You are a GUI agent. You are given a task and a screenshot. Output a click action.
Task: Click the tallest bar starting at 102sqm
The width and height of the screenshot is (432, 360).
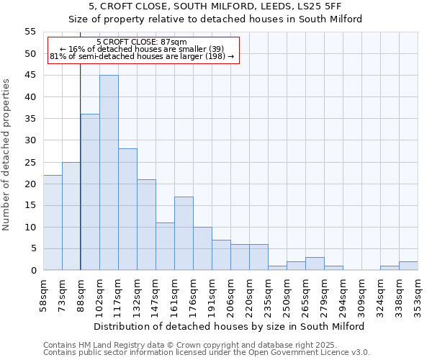(x=109, y=173)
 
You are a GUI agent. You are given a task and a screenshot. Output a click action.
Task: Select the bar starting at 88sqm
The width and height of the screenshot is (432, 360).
(x=90, y=192)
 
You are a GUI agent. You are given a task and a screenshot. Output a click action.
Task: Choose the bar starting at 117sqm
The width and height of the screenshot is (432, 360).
(x=127, y=210)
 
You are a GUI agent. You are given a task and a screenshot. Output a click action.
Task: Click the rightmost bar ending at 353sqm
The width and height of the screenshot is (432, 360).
(x=408, y=266)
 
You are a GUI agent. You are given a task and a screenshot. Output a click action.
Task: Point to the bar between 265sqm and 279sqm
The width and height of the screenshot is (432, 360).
(x=315, y=264)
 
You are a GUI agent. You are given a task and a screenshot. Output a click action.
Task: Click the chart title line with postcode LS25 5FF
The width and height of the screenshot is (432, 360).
(x=215, y=6)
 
